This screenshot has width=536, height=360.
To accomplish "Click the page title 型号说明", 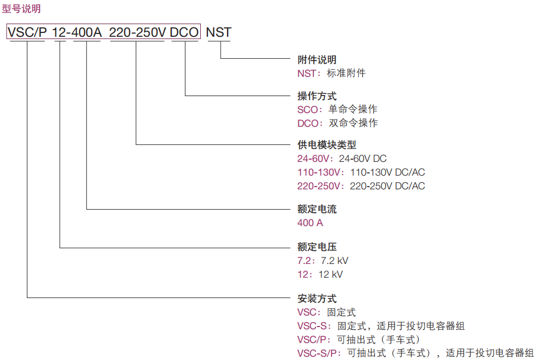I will click(x=21, y=9).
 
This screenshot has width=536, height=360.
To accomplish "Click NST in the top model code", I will click(x=218, y=32).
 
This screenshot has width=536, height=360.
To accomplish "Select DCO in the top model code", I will click(x=184, y=32).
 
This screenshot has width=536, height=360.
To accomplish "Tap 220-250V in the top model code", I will click(x=137, y=32).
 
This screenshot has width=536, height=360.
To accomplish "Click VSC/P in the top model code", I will click(x=27, y=32).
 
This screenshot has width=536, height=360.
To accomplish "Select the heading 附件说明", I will click(x=317, y=60).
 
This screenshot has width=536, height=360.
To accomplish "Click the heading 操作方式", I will click(x=317, y=96).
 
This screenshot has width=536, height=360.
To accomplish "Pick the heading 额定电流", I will click(x=317, y=209).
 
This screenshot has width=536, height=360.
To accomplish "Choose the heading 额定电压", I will click(x=317, y=247).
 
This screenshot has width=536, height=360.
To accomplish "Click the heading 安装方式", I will click(x=317, y=299).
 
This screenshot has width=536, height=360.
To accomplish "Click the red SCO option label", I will click(x=308, y=109).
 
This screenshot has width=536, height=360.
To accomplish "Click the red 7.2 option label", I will click(x=304, y=261).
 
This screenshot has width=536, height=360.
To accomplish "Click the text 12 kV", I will click(x=330, y=274).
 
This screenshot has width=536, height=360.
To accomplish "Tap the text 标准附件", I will click(x=346, y=73).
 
